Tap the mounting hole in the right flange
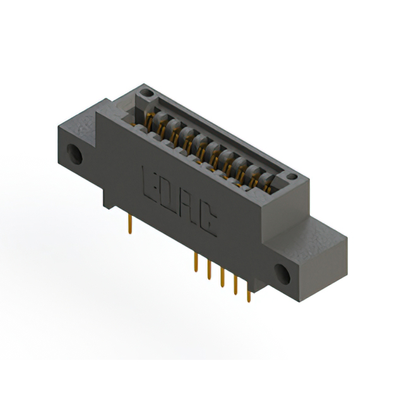[x=281, y=272]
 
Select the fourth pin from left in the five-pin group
[x=235, y=288]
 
